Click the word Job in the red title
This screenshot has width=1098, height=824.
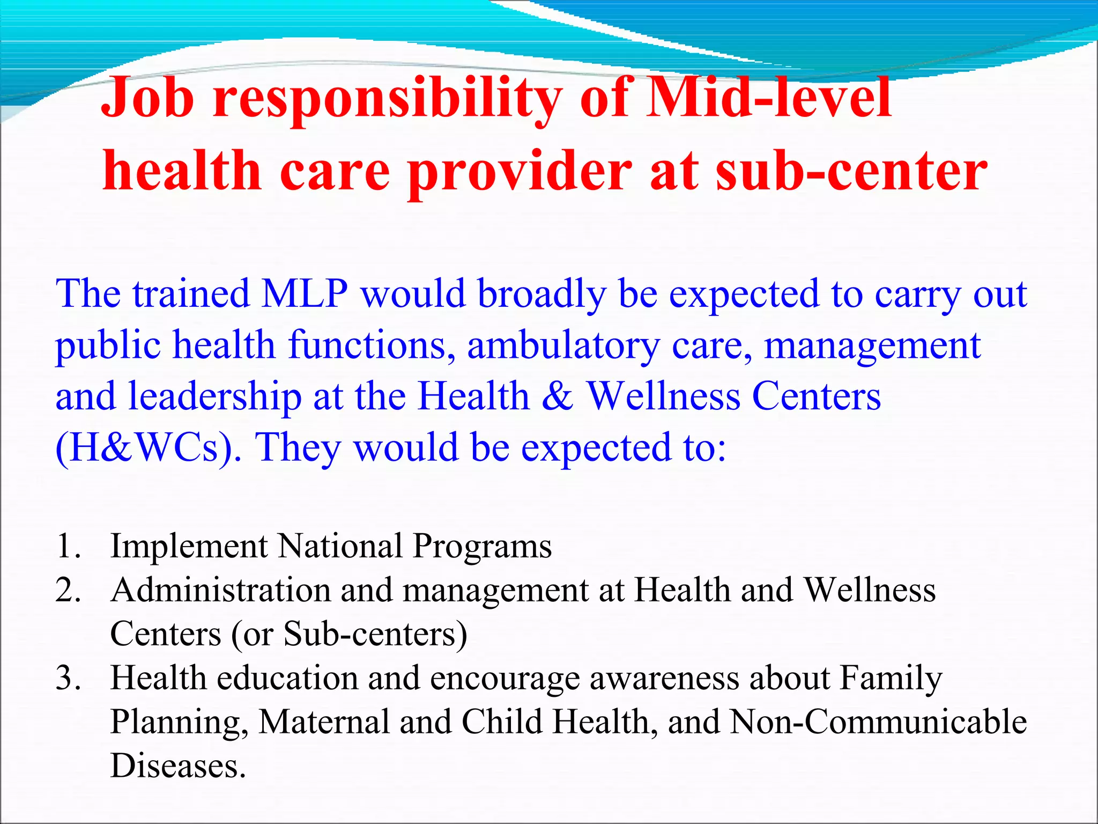pos(147,98)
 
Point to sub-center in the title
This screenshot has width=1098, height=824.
pos(851,171)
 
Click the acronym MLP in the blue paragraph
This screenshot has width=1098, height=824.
pos(304,294)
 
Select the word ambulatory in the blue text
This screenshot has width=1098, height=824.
pos(563,345)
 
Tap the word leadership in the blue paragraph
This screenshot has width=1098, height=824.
pos(215,397)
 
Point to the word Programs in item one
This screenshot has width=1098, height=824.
pos(482,546)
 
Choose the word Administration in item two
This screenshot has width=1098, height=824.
pos(220,590)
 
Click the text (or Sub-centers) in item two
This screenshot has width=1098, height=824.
pos(349,634)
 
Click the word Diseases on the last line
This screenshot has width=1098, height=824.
pos(177,766)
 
